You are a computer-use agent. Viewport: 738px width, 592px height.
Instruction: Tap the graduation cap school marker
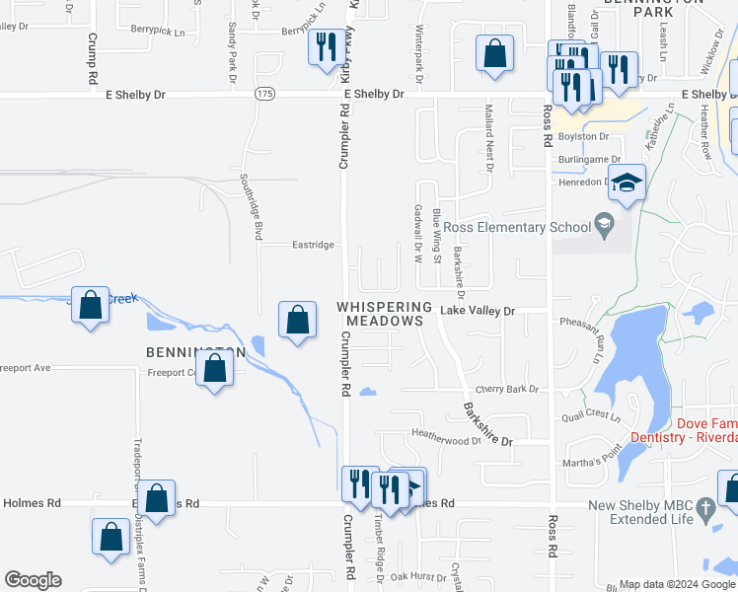626,183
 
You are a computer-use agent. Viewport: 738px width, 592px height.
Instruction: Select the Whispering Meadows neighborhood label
385,314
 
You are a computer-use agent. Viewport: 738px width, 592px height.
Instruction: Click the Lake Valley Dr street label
478,311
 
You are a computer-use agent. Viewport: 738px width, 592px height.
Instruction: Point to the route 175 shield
263,94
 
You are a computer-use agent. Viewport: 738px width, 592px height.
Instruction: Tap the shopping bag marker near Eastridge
297,321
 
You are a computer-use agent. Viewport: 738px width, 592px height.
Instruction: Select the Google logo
33,580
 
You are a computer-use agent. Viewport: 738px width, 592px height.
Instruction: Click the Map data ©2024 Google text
676,585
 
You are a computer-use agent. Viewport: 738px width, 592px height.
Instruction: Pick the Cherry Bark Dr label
507,390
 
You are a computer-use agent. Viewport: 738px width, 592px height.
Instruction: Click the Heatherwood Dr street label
446,435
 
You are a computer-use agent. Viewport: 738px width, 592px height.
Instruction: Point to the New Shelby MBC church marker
704,509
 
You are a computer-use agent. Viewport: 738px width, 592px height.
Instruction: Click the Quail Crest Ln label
588,416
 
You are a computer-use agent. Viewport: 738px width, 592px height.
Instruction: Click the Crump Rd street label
92,58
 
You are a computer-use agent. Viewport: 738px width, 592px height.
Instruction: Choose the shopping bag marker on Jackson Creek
90,306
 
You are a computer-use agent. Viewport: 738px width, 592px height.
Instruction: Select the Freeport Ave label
26,368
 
